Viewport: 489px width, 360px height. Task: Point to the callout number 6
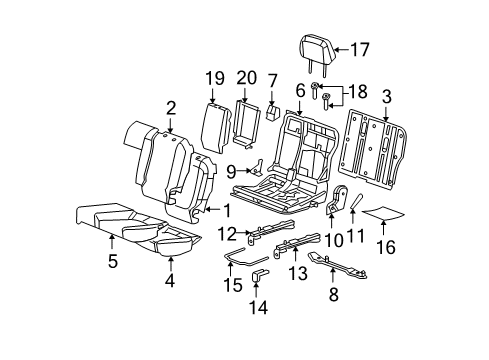click(x=299, y=90)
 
